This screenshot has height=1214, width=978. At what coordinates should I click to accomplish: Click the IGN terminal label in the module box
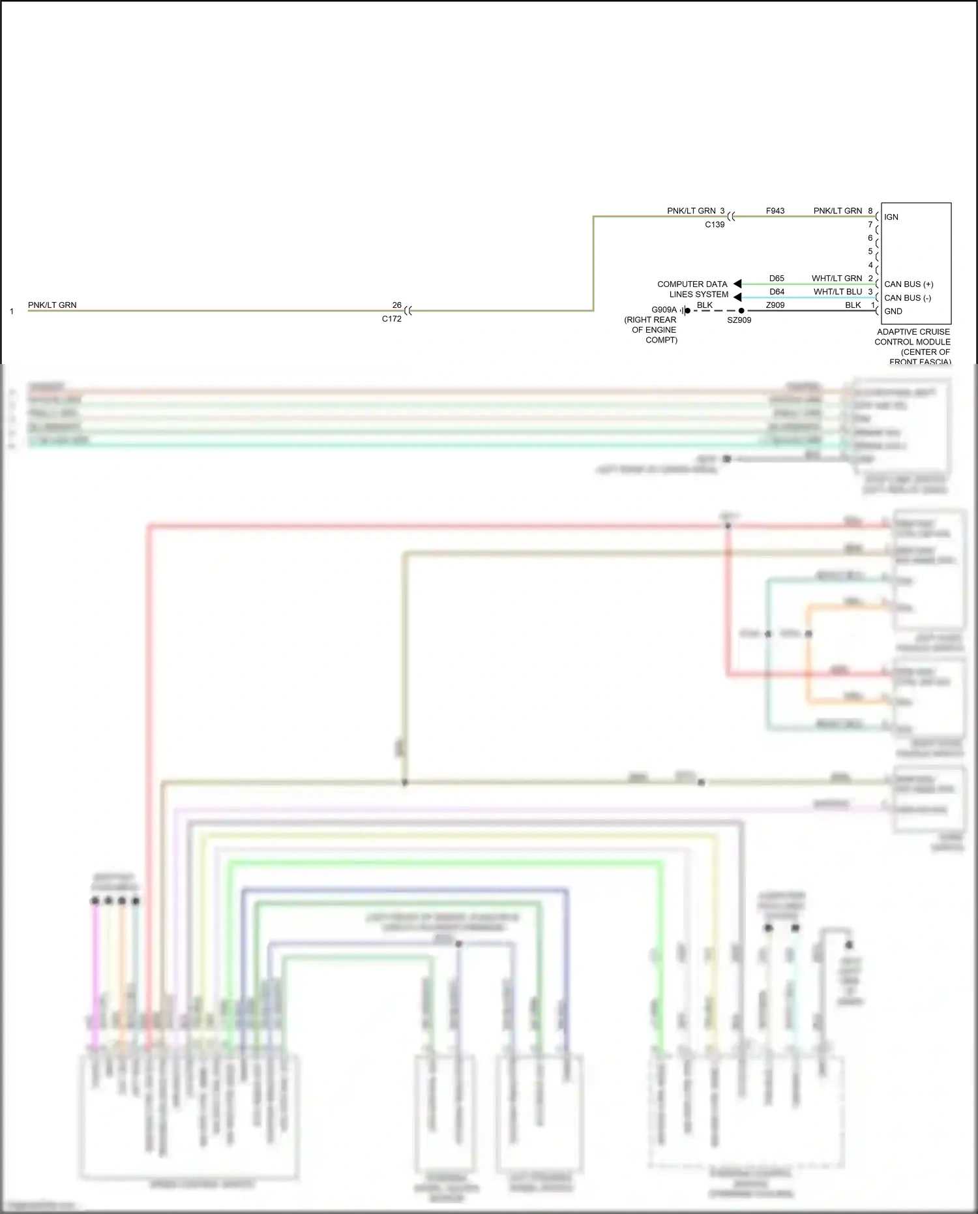891,217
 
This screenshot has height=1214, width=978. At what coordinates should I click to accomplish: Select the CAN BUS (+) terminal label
908,284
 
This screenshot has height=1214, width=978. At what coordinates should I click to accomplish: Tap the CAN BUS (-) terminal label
907,298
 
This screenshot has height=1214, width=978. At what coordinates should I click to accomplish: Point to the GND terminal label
893,312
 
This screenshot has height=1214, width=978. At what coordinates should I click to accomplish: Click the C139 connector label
714,224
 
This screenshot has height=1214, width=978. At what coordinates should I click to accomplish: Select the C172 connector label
391,319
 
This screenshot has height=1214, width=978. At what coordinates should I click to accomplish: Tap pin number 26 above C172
396,305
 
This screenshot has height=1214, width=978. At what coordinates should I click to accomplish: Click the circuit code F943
775,211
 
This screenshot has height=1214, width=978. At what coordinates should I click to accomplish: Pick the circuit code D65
776,279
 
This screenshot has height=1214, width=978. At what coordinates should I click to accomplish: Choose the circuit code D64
776,292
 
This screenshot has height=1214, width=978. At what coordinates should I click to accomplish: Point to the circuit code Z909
775,305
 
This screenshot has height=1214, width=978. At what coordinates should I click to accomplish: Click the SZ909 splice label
739,320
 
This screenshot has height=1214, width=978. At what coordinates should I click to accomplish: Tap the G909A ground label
664,310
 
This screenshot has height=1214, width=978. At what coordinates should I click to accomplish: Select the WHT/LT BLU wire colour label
837,292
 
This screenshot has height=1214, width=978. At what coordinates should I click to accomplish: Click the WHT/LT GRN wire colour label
837,279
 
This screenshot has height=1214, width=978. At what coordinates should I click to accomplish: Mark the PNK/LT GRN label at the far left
52,305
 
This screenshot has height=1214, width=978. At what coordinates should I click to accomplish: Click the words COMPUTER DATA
692,284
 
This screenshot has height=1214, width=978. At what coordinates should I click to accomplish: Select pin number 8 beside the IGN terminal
870,211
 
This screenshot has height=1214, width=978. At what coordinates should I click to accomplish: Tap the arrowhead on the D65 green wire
737,284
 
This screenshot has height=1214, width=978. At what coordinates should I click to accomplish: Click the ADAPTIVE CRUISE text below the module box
913,332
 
